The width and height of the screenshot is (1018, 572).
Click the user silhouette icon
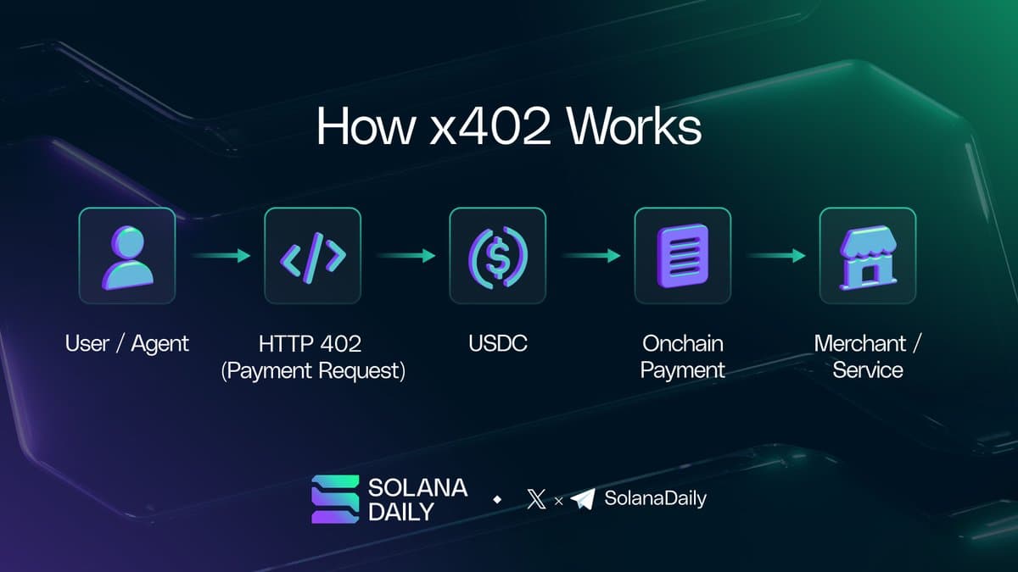click(x=127, y=256)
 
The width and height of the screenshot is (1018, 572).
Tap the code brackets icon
click(x=312, y=256)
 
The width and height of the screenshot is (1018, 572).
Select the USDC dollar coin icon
click(x=497, y=256)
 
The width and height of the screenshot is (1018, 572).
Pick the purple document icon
click(x=682, y=256)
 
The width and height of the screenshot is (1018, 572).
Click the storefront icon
click(x=867, y=256)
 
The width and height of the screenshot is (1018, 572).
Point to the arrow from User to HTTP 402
click(x=220, y=256)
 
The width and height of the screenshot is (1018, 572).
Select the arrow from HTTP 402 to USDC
click(x=405, y=256)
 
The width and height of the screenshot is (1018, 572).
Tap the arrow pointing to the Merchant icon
click(x=775, y=256)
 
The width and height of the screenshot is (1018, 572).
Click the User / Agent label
click(x=127, y=343)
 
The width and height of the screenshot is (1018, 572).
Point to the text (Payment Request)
click(x=312, y=370)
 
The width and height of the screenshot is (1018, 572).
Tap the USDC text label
click(x=497, y=343)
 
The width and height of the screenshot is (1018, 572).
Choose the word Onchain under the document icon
click(x=682, y=343)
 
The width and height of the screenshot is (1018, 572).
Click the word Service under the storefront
click(x=867, y=370)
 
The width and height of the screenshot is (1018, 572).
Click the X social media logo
click(x=536, y=499)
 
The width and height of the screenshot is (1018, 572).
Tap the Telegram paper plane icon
click(x=582, y=499)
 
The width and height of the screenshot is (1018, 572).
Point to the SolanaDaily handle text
click(x=654, y=498)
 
